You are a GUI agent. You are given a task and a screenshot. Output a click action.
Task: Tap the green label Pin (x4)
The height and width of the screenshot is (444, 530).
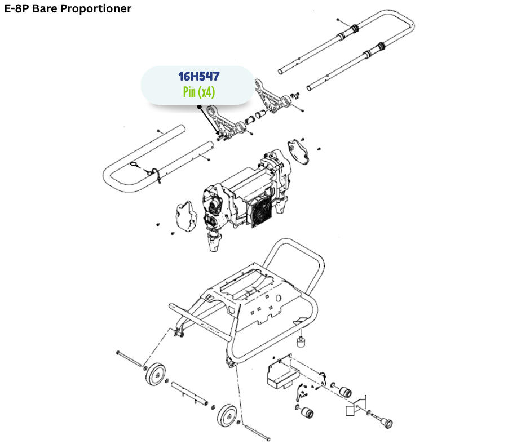pyautogui.click(x=198, y=92)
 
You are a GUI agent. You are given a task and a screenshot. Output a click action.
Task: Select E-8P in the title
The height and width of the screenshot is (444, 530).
pyautogui.click(x=17, y=8)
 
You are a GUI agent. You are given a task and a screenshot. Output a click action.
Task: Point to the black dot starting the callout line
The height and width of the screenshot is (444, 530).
pyautogui.click(x=199, y=106)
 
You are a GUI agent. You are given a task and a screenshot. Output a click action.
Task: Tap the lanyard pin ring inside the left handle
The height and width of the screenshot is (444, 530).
pyautogui.click(x=136, y=165)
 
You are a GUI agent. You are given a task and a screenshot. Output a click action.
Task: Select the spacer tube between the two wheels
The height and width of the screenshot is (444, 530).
pyautogui.click(x=189, y=393)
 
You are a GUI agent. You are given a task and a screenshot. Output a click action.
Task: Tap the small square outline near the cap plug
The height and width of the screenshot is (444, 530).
pyautogui.click(x=352, y=411)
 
